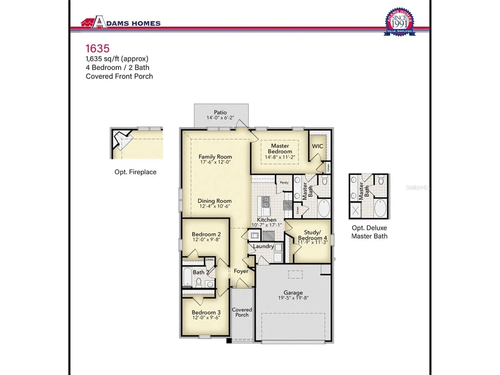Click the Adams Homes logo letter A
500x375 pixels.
pos(99,22)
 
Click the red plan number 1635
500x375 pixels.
pos(98,49)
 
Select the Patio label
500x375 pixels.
pos(220,112)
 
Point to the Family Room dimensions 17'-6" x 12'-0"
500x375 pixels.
pos(215,162)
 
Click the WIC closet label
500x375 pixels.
pos(317,146)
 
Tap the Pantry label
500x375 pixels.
pos(284,183)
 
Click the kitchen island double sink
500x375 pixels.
pos(266,202)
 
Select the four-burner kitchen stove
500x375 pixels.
pos(288,205)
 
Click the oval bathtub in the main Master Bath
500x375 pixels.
pos(324,208)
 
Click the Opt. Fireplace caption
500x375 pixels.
pos(135,172)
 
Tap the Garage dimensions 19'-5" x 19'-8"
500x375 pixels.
pos(293,298)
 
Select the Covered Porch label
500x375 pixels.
pos(242,312)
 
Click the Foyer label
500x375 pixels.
pos(241,271)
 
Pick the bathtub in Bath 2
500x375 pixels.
pos(187,277)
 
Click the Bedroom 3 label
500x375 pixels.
pos(206,312)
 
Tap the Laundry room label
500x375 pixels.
pos(263,246)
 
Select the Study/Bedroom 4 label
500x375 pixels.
pos(312,235)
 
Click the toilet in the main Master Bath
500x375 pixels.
pos(325,180)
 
